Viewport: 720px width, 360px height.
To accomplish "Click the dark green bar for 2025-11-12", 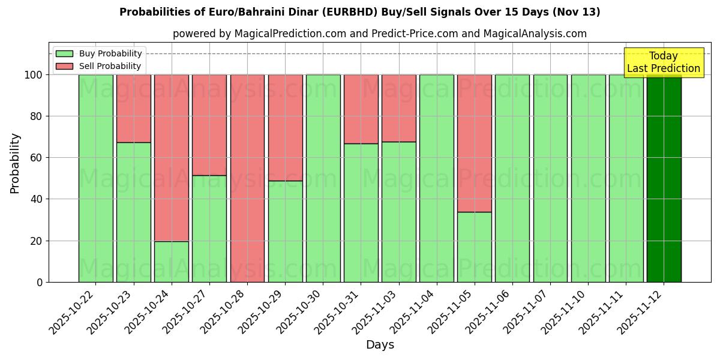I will pos(664,178).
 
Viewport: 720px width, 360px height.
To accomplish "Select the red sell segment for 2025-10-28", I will pos(247,178).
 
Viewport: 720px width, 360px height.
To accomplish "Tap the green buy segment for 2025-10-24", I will pos(172,262).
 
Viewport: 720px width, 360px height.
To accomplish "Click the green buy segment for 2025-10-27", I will pos(209,229).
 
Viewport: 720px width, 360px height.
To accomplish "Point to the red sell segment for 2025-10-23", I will pos(134,109).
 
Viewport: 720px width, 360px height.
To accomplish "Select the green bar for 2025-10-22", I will pos(96,178).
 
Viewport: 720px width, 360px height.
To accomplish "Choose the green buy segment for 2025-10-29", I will pos(285,231).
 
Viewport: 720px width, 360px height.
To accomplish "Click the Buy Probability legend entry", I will pos(99,53).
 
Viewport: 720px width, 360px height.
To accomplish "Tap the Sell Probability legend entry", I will pos(99,66).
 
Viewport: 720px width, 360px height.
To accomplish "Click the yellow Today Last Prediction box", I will pos(663,62).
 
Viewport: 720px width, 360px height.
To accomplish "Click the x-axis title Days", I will pos(380,345).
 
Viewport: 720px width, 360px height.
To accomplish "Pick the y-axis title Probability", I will pos(15,163).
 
